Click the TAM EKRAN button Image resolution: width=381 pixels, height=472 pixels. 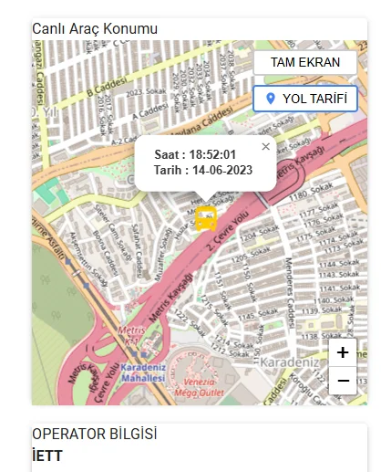coord(305,63)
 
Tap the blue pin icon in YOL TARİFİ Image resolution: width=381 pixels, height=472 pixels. coord(270,99)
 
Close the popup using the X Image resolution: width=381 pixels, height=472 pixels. coord(265,146)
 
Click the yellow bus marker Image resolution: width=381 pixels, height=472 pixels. coord(207,219)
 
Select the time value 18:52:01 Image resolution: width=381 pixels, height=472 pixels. coord(207,154)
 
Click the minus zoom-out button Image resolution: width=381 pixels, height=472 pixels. coord(343,380)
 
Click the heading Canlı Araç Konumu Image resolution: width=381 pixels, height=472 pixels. coord(88,29)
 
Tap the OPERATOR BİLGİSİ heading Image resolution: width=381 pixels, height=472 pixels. coord(94,435)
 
